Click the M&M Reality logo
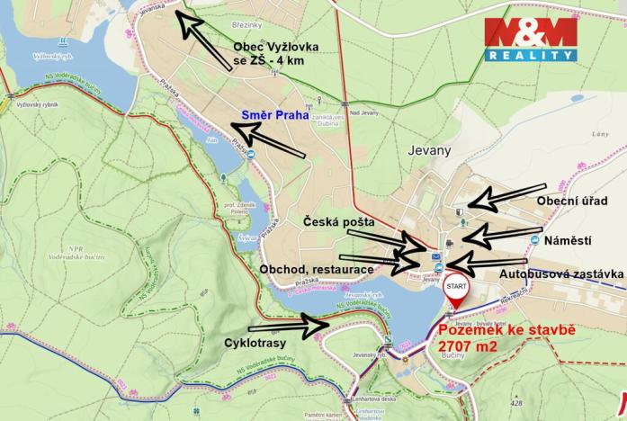coord(531,38)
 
